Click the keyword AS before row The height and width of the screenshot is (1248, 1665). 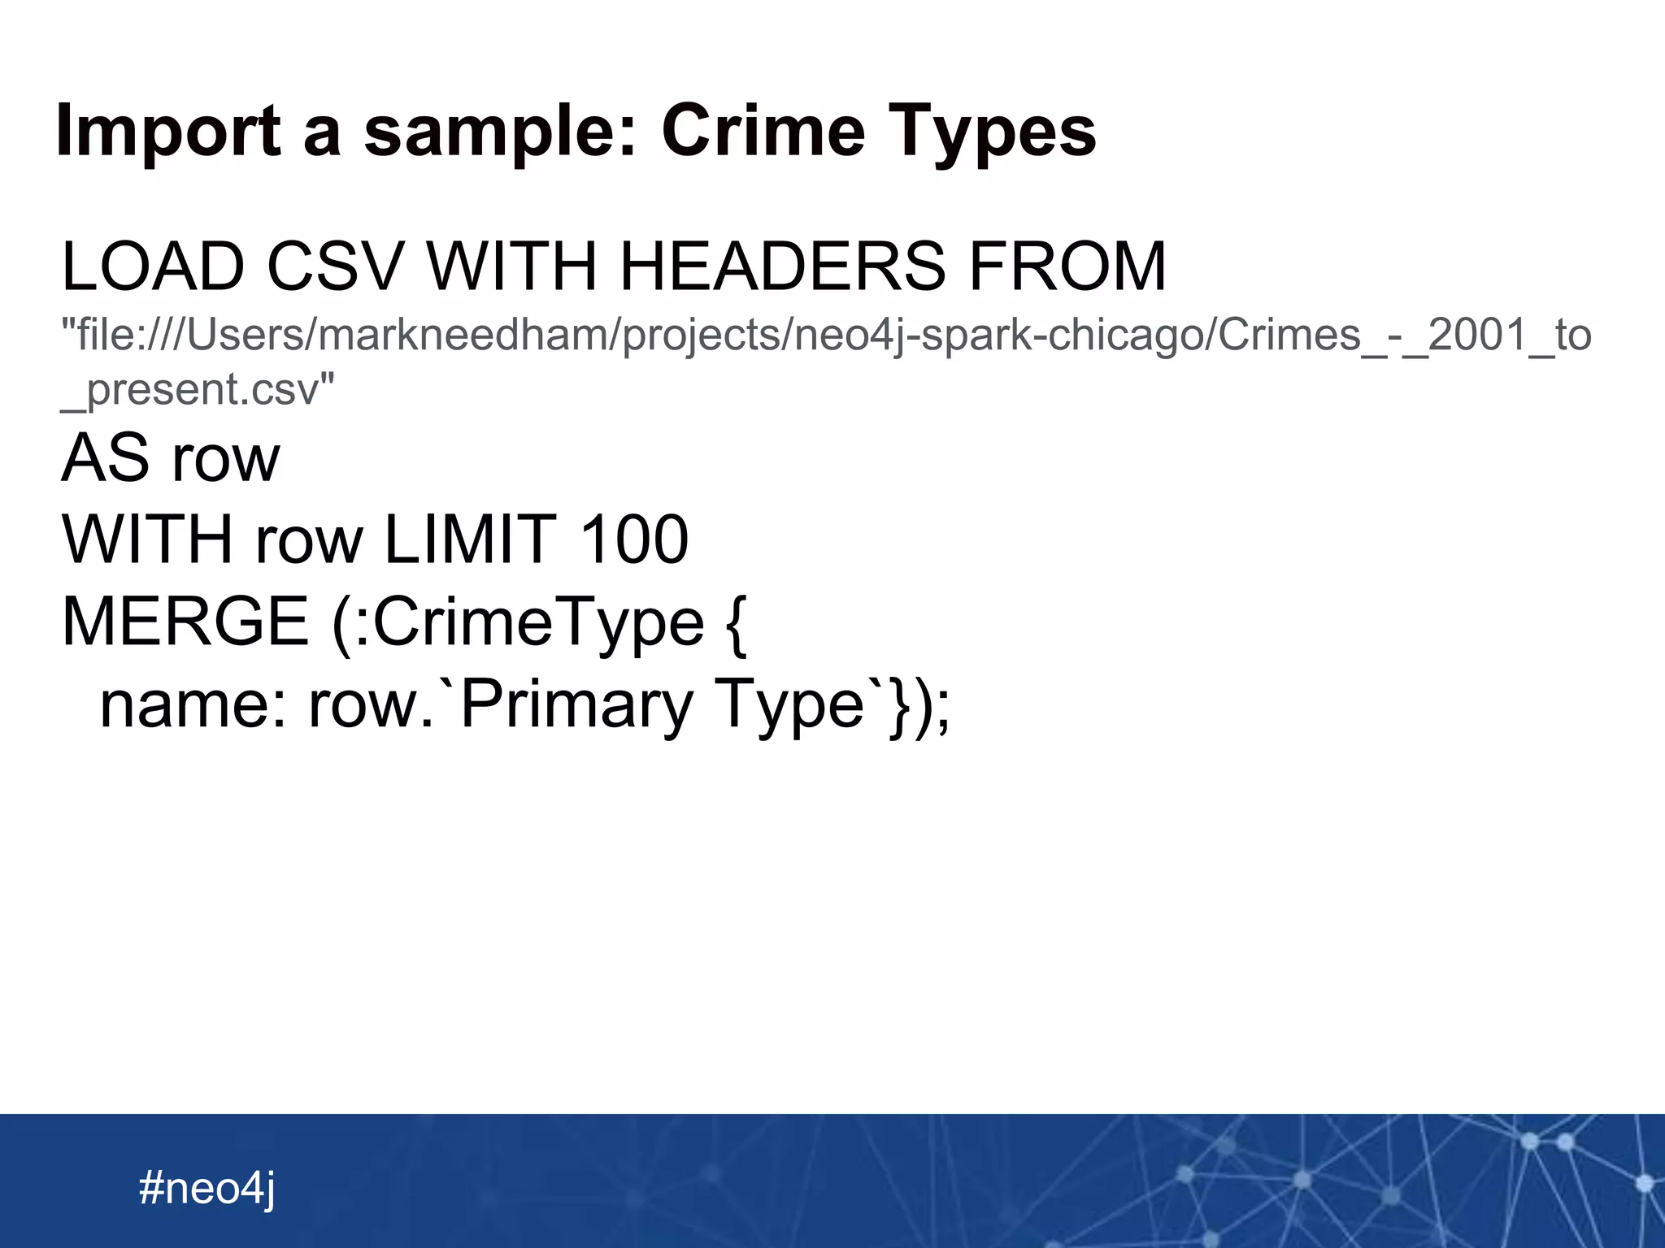pos(106,458)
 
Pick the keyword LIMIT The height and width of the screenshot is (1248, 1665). pos(470,539)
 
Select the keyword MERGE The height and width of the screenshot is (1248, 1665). pos(185,622)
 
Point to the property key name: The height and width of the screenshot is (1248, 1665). pos(193,704)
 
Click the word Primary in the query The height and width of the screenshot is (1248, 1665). pos(576,704)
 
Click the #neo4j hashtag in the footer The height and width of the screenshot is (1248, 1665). pos(207,1189)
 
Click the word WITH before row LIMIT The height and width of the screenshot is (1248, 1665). pos(147,539)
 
